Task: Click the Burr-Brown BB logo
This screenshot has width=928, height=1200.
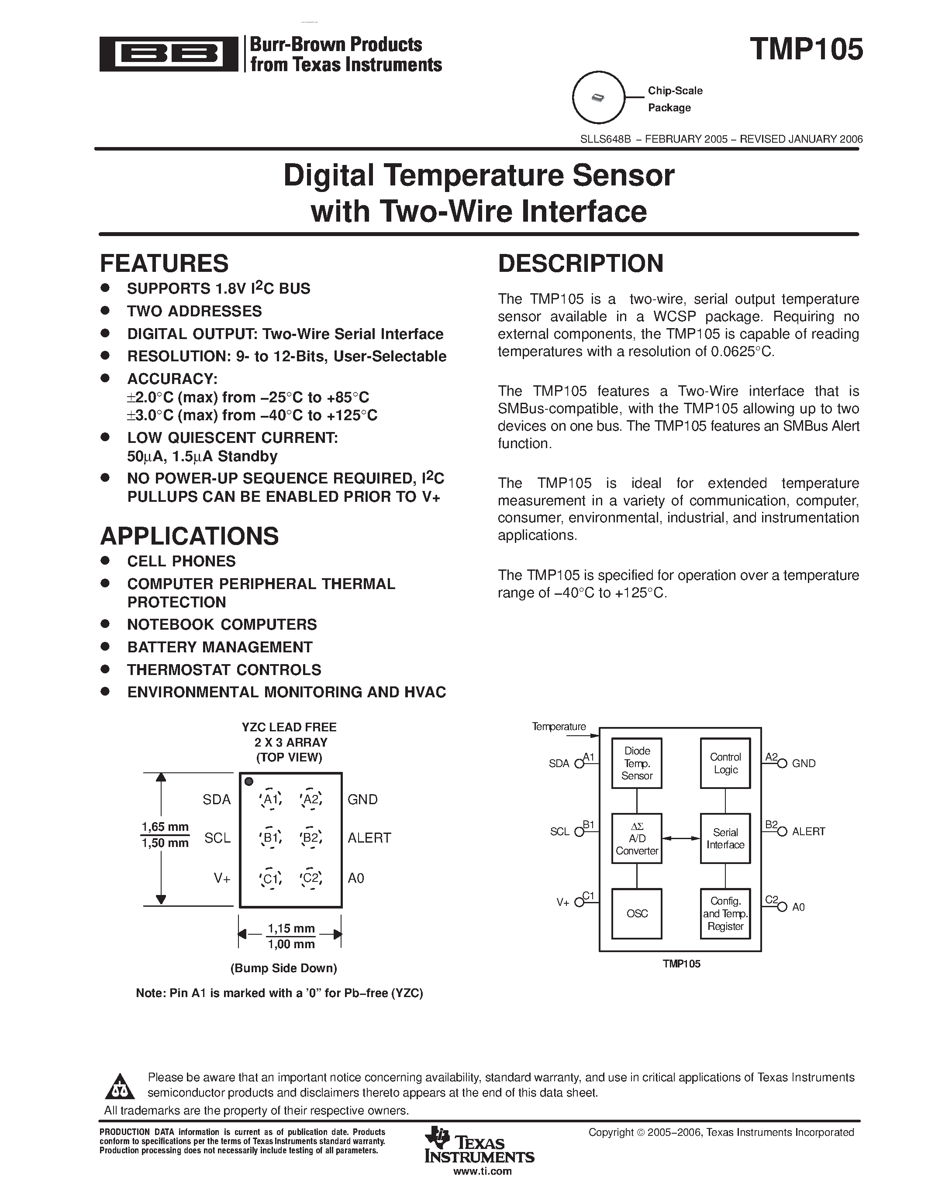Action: pos(168,54)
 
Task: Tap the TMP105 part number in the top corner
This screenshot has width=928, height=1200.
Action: pos(806,49)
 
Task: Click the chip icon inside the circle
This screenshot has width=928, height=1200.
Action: pos(597,98)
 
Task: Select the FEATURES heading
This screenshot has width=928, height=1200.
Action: pos(164,264)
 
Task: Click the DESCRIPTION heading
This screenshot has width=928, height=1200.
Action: pos(580,264)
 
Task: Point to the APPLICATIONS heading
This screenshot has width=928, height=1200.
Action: pos(189,536)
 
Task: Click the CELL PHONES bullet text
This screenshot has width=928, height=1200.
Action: pos(181,561)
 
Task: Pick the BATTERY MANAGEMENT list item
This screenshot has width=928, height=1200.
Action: pos(220,647)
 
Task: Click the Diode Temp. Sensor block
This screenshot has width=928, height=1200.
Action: pos(637,763)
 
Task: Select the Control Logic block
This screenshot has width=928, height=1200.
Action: pos(725,763)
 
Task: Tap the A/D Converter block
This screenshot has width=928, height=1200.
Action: pos(637,838)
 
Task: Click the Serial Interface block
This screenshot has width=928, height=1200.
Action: pos(725,838)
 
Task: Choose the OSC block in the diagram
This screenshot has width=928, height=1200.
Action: pos(637,914)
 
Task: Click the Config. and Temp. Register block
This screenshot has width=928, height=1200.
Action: pos(725,914)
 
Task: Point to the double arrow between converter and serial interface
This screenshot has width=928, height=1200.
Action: pos(681,838)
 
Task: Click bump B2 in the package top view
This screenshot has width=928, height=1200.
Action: pos(310,838)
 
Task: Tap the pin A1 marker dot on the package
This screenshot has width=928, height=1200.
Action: pos(248,782)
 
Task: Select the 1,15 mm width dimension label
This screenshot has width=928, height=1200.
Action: pos(291,929)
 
